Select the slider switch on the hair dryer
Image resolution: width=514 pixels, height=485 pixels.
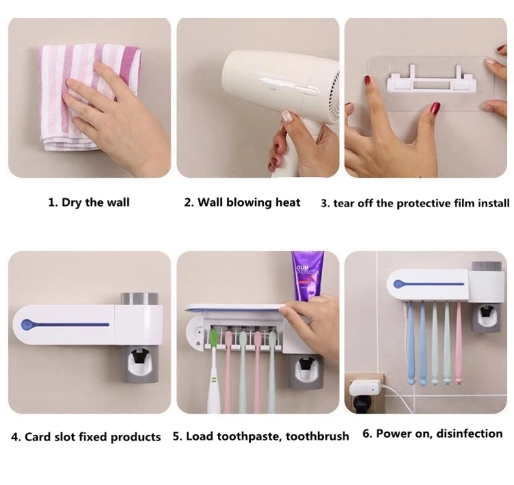(x=306, y=88)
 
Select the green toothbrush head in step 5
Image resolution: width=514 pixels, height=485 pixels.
(x=213, y=340)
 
